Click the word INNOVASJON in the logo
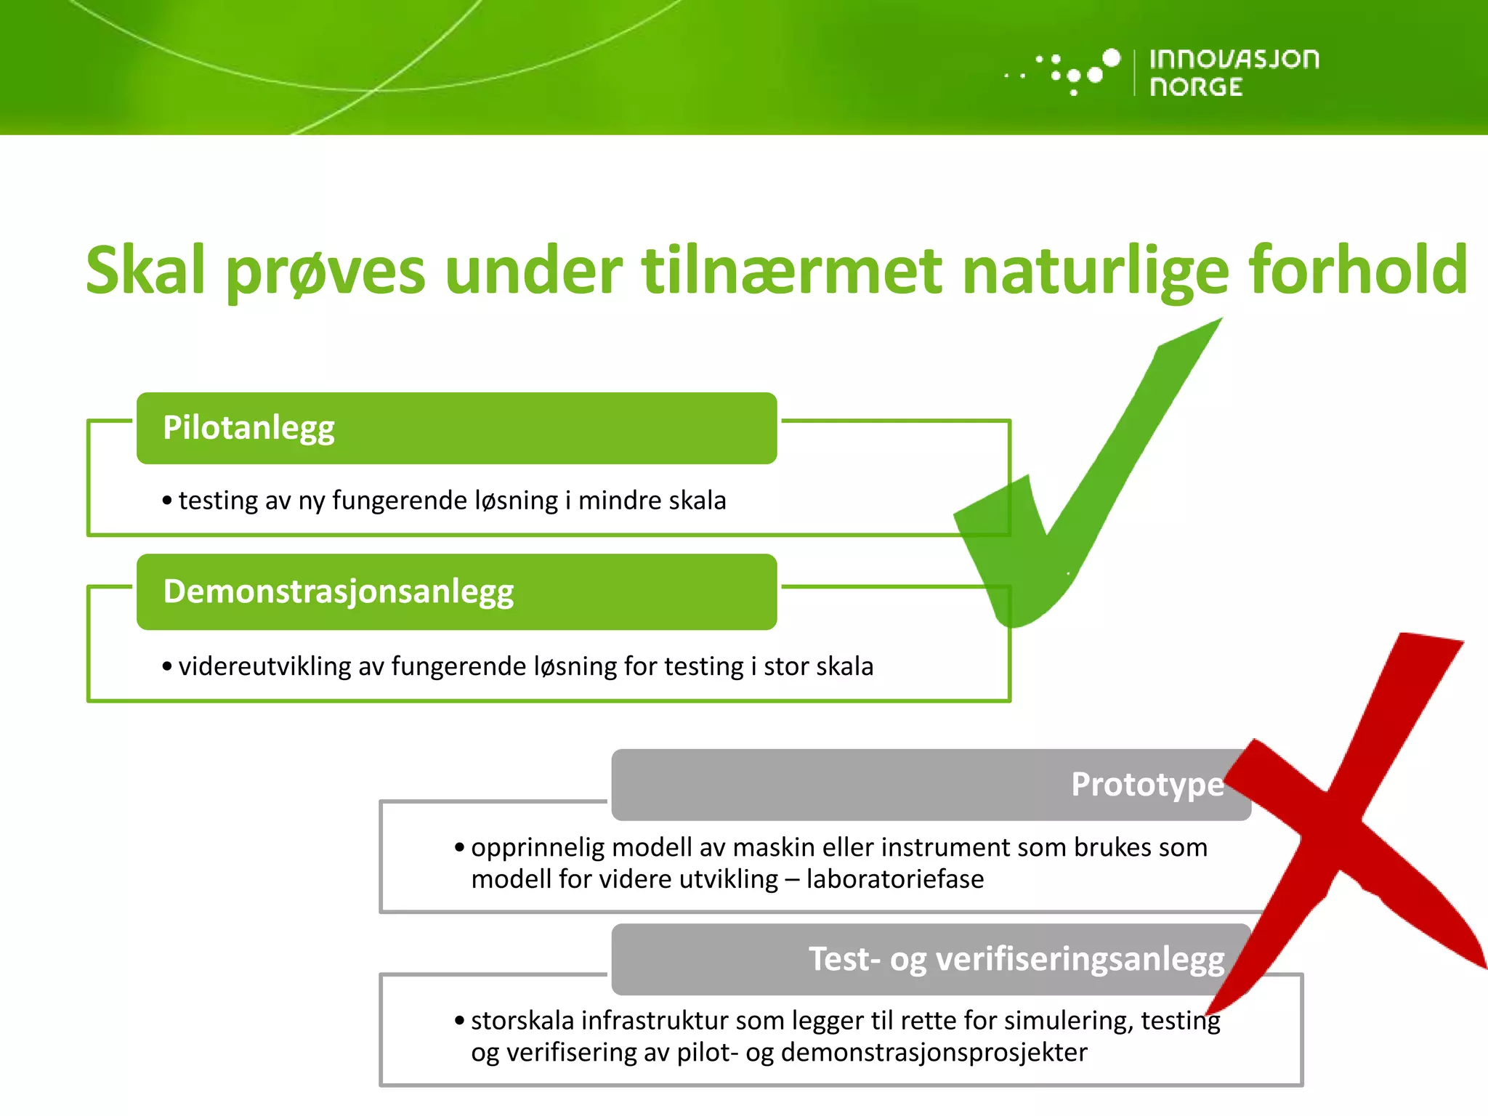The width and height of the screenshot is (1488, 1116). click(x=1234, y=59)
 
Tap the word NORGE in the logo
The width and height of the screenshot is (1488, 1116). click(x=1196, y=87)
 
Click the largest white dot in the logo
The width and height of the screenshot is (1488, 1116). click(x=1111, y=57)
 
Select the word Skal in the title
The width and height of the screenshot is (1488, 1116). click(x=145, y=270)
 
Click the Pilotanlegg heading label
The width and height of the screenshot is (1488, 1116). click(x=248, y=427)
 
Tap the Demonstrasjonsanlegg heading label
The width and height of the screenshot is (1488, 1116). click(x=338, y=591)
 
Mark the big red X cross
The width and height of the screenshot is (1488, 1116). click(x=1344, y=821)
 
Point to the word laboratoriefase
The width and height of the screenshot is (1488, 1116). click(x=894, y=879)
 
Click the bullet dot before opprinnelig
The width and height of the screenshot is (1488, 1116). click(x=459, y=847)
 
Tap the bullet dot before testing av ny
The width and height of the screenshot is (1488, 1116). click(x=167, y=501)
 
